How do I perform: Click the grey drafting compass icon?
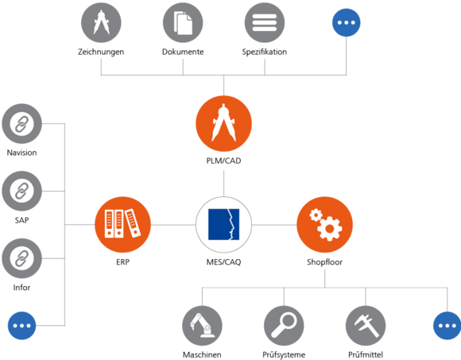pos(101,23)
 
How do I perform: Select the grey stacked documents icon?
pos(183,23)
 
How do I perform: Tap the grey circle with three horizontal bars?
pos(265,23)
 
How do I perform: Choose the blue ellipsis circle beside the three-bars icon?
pos(347,23)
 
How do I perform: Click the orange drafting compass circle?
pos(224,125)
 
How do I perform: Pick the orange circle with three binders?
pos(122,224)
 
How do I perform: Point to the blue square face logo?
pos(224,225)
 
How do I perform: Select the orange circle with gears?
pos(325,225)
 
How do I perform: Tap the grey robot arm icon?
pos(202,325)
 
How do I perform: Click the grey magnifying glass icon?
pos(284,325)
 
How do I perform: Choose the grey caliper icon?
pos(366,325)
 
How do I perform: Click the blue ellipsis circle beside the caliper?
pos(447,325)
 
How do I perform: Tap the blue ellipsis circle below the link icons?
pos(21,325)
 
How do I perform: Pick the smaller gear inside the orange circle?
pos(316,215)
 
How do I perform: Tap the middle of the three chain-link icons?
pos(21,191)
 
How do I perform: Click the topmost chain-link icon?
pos(21,124)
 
